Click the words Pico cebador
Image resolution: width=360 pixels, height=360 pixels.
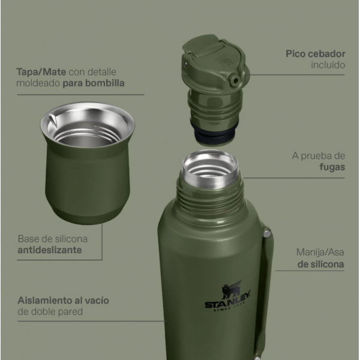point(316,54)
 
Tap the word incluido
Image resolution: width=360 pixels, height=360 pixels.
point(328,65)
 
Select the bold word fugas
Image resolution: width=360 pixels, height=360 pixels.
point(332,167)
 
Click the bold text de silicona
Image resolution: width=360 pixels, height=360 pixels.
point(321,264)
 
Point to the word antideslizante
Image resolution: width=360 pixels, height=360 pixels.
point(50,250)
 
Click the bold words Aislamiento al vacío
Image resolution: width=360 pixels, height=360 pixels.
point(64,301)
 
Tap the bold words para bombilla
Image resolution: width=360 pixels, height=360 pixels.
point(94,83)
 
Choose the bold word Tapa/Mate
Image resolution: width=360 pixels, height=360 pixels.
point(41,72)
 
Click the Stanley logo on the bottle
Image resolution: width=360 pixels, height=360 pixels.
point(227,296)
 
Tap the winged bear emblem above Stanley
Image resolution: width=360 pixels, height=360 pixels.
point(232,289)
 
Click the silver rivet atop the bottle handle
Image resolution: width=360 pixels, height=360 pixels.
point(267,234)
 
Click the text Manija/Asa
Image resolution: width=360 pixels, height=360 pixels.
point(320,253)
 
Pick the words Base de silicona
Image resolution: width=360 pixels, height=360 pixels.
point(53,239)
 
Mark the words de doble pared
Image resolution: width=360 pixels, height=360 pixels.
point(50,312)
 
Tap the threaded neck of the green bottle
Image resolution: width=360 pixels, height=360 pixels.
point(210,195)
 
